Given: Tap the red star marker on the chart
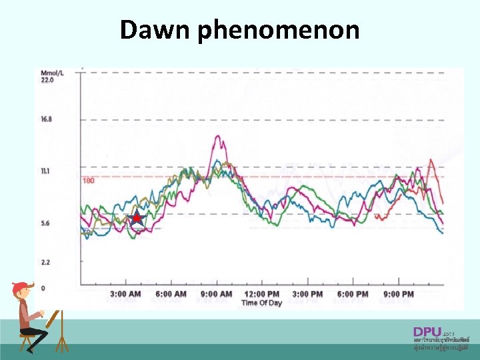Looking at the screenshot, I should coord(137,218).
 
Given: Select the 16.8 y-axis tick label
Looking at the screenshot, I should coord(47,119).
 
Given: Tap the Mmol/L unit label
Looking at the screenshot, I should coord(52,73).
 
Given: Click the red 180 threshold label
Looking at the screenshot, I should coord(89,181).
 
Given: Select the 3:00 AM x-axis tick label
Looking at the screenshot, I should coord(125,294).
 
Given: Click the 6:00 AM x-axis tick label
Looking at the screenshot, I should coord(171,294).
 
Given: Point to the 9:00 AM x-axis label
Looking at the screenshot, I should coord(216,294).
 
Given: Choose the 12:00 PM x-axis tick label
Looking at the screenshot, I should coord(261,294).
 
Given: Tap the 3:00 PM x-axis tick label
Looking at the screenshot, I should coord(307,294).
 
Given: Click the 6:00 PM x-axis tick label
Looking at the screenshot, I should coord(353,294).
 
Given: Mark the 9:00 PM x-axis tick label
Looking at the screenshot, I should coord(398,294).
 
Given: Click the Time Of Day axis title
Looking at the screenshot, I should coord(261,303).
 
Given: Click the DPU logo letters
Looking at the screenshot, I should coord(427,331).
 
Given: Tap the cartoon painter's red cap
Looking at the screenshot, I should coord(21,287).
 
